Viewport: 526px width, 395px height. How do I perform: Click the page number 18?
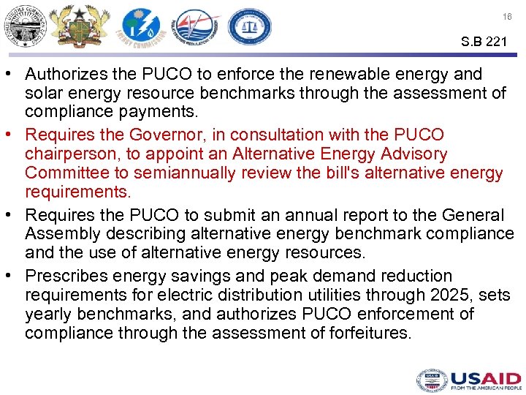(507, 16)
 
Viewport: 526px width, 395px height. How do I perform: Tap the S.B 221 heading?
(484, 42)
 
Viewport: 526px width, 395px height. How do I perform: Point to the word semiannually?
(217, 173)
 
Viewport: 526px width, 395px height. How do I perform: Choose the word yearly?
(48, 315)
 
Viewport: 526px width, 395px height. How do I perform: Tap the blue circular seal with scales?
(249, 28)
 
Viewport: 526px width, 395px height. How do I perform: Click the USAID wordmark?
(485, 380)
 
